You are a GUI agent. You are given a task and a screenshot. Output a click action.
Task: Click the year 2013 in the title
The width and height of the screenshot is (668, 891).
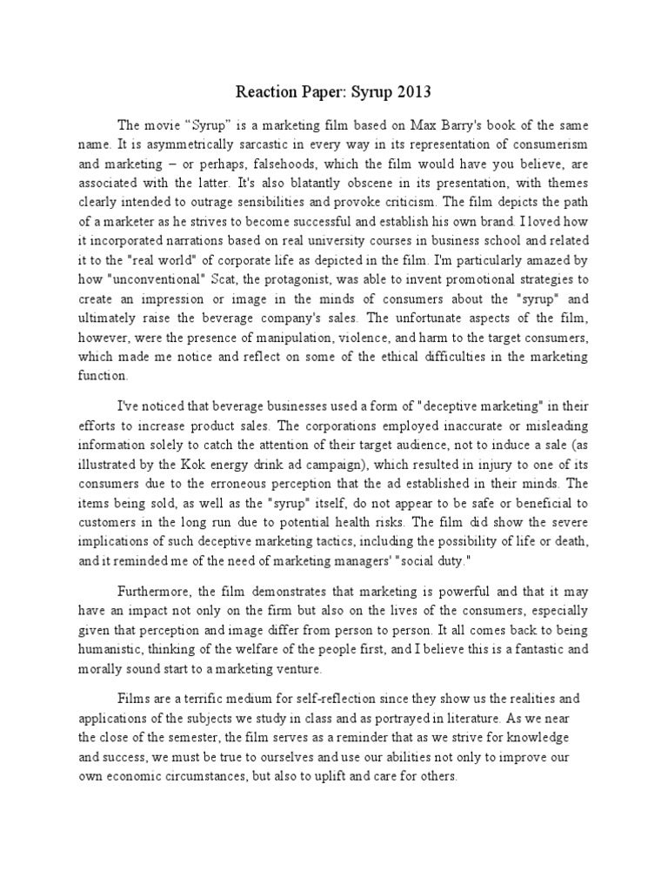tap(414, 91)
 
